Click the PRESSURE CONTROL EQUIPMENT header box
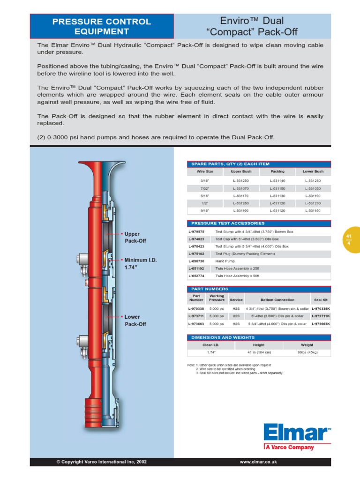[102, 26]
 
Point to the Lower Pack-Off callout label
[135, 321]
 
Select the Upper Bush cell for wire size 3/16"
[241, 180]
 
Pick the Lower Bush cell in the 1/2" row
[313, 204]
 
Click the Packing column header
[277, 172]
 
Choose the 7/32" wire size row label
[205, 188]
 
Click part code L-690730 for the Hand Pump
[197, 261]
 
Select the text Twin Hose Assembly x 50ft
[237, 276]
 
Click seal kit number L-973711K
[321, 316]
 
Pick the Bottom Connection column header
[277, 300]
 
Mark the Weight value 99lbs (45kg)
[307, 352]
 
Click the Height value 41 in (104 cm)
[259, 352]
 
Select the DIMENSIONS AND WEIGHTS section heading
[223, 337]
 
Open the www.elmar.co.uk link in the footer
[258, 462]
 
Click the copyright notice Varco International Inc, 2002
[102, 462]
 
